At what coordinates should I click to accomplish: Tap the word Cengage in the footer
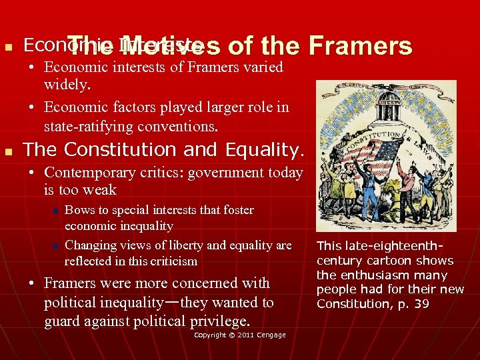tap(271, 335)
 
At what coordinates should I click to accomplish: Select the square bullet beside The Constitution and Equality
tap(9, 150)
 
